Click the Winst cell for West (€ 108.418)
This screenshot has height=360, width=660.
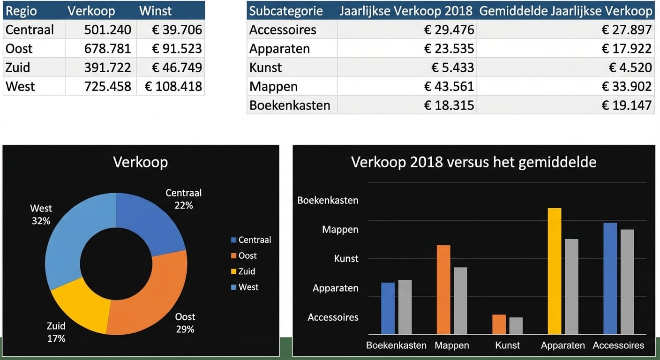tap(173, 86)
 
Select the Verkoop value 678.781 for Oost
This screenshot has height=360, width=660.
tap(107, 49)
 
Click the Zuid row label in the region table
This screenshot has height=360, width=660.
tap(18, 67)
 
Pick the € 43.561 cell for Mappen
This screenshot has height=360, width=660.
tap(449, 86)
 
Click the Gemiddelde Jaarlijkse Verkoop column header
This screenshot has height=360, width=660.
tap(565, 11)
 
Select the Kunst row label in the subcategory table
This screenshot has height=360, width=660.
tap(265, 67)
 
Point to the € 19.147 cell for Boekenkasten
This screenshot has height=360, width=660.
tap(626, 105)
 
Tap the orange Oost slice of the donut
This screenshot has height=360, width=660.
tap(150, 295)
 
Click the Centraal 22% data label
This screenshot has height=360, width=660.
tap(183, 199)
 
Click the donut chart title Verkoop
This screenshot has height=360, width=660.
tap(140, 162)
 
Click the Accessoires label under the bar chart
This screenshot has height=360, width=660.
tap(618, 345)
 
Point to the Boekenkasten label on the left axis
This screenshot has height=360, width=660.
tap(328, 200)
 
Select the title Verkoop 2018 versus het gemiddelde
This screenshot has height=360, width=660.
tap(473, 162)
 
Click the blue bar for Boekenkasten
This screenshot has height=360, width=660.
tap(388, 308)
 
